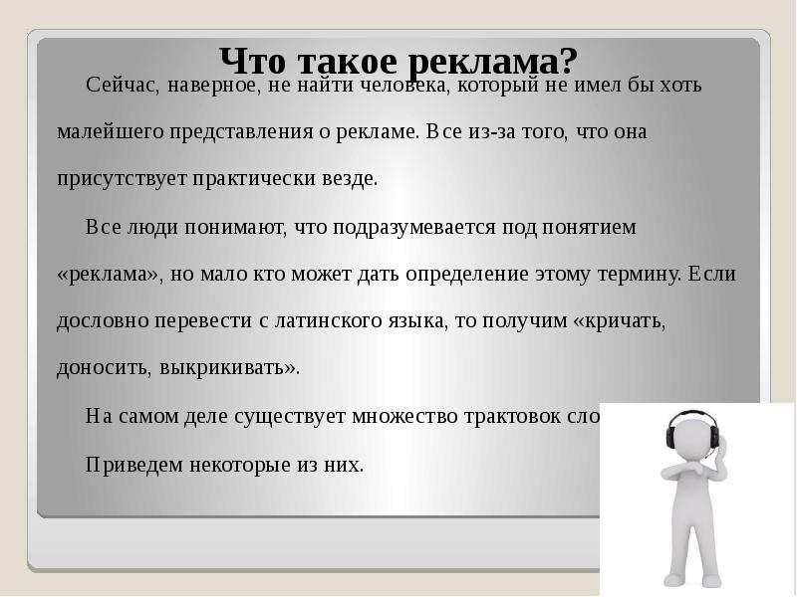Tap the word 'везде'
click(351, 180)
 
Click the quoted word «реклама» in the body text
click(108, 275)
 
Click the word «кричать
click(619, 322)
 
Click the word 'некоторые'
click(231, 465)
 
